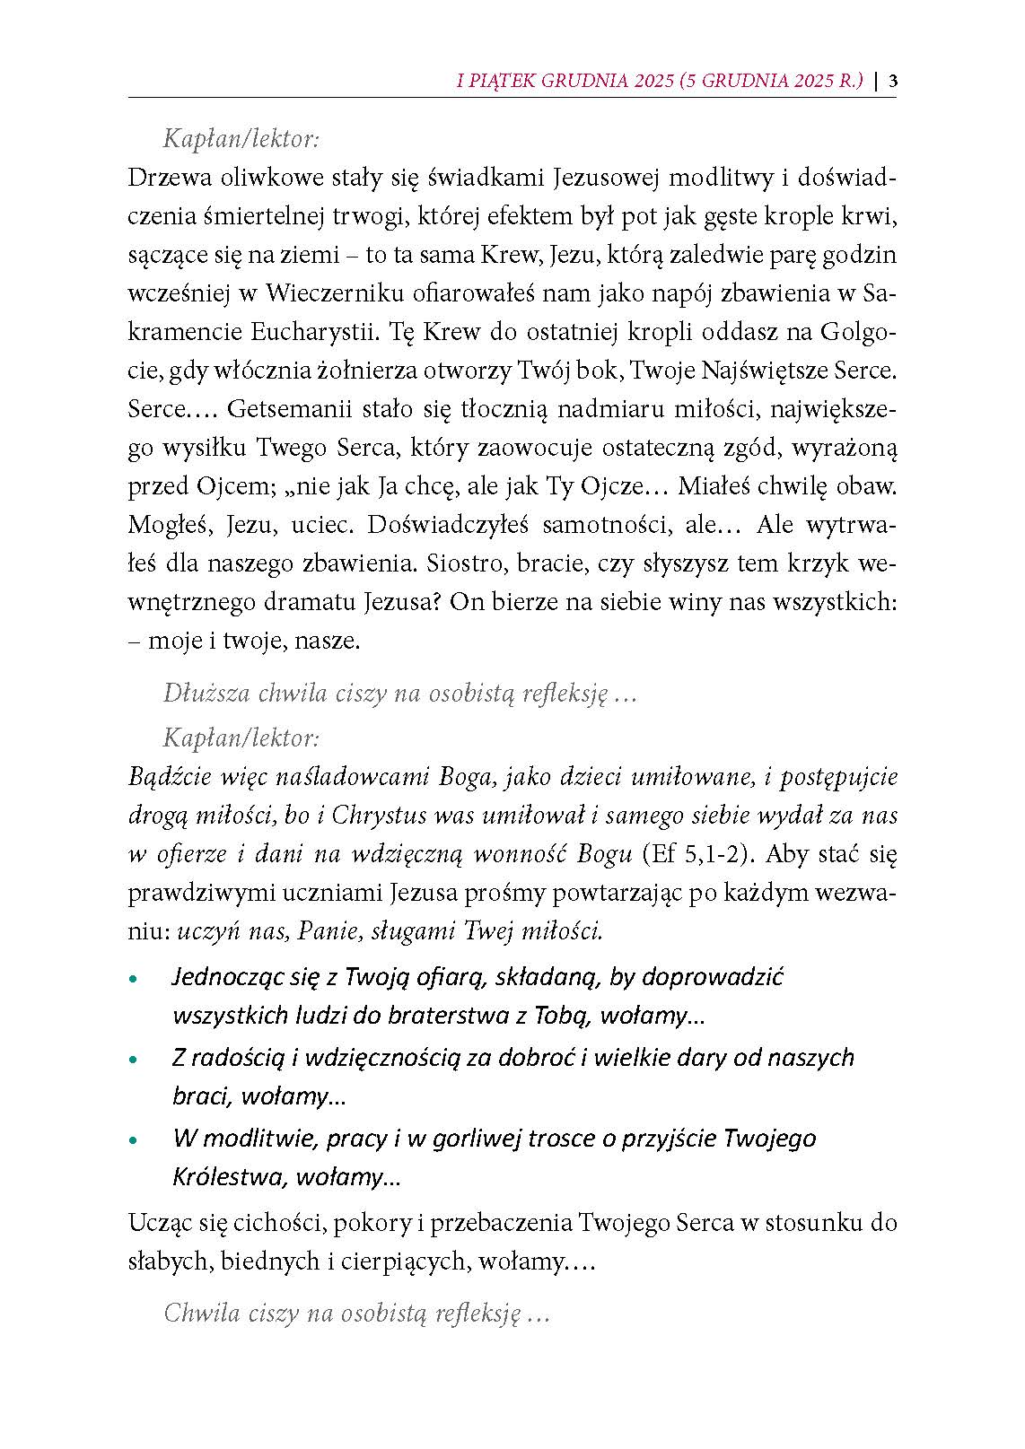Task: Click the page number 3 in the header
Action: (x=893, y=82)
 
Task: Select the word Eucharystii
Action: (x=311, y=332)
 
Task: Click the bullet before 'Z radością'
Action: (x=135, y=1060)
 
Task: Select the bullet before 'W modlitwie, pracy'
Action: (x=135, y=1140)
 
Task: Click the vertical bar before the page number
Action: (x=876, y=82)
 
